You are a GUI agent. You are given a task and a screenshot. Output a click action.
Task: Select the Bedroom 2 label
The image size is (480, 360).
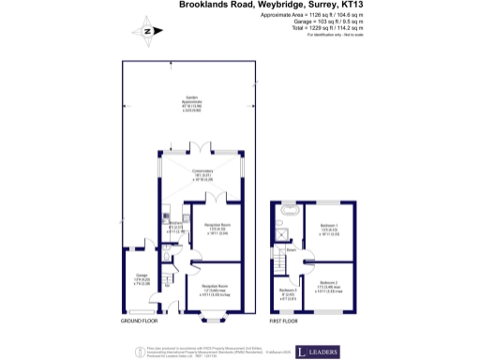coord(329,285)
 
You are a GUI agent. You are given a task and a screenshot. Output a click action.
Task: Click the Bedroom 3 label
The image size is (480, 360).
coord(288,294)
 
